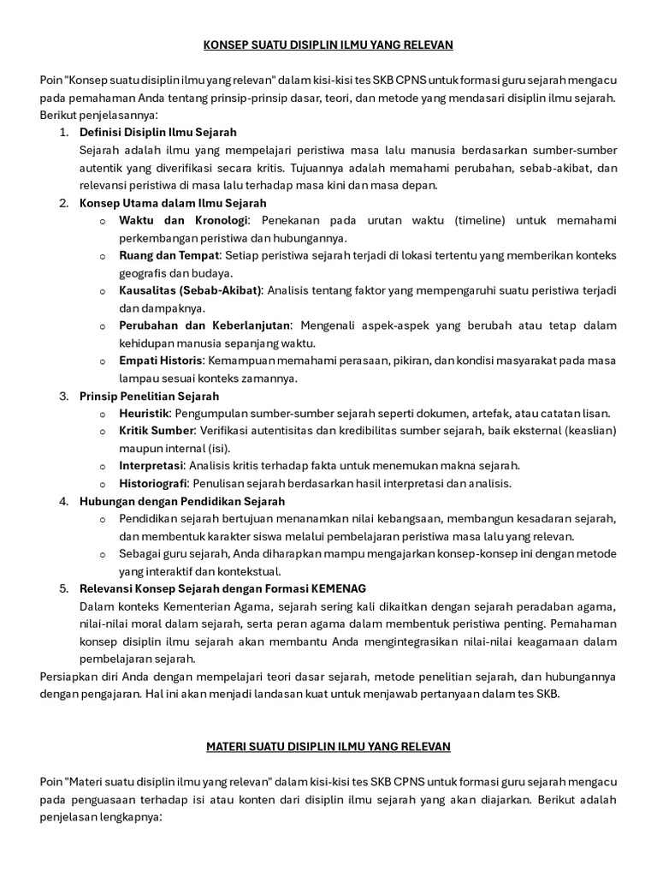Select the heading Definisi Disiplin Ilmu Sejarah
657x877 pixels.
click(x=158, y=133)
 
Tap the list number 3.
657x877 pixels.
click(x=63, y=397)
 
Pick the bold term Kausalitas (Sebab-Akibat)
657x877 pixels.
click(x=191, y=291)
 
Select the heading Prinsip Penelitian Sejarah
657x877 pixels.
click(x=149, y=397)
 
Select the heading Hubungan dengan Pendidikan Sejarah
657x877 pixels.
click(x=182, y=501)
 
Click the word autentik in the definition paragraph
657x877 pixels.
click(x=100, y=168)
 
